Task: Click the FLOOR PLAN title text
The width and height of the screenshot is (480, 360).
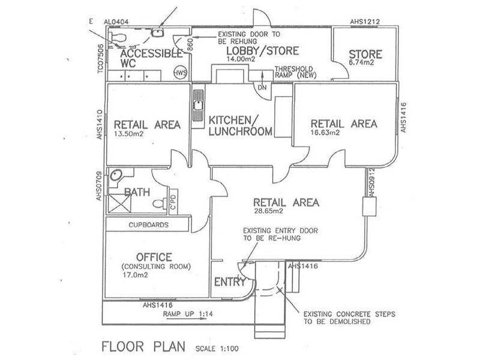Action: point(141,347)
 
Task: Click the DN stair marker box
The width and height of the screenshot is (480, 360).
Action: point(262,87)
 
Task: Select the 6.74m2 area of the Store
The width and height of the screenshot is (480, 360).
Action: point(362,63)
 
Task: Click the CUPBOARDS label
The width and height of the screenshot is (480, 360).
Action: point(148,225)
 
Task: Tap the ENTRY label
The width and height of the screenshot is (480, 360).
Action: point(229,282)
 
